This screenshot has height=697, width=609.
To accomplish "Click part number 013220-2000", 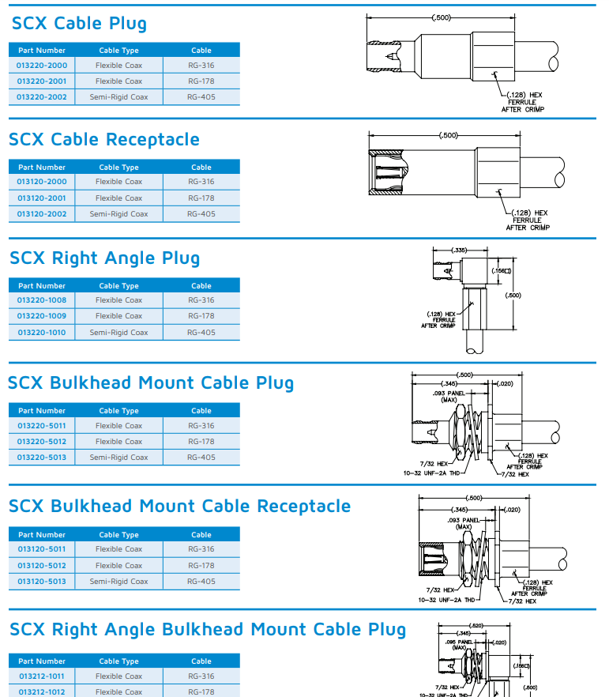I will [42, 66].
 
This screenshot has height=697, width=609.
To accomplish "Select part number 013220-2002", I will [42, 97].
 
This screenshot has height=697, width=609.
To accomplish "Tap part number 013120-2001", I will [42, 198].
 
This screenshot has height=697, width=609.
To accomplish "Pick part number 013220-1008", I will [42, 300].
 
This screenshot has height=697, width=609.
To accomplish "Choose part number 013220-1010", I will [42, 333].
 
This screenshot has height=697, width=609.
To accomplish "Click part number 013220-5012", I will [42, 442].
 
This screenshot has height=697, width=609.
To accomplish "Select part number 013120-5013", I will [42, 582].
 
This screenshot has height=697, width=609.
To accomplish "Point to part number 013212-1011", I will [42, 676].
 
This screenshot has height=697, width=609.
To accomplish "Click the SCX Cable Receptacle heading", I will [104, 140].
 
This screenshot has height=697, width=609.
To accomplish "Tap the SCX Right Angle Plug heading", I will [105, 258].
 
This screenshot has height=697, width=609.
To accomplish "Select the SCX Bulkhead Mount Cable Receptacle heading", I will [179, 506].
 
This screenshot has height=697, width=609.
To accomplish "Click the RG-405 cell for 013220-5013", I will [201, 458].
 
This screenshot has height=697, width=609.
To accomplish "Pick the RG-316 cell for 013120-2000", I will [201, 182].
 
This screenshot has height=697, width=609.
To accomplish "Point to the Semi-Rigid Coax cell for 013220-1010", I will [118, 333].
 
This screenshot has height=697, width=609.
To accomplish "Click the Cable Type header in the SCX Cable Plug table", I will [118, 51].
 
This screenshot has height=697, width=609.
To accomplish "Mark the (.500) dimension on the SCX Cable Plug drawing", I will [443, 17].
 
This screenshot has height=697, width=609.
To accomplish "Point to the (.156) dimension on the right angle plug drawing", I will [501, 271].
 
